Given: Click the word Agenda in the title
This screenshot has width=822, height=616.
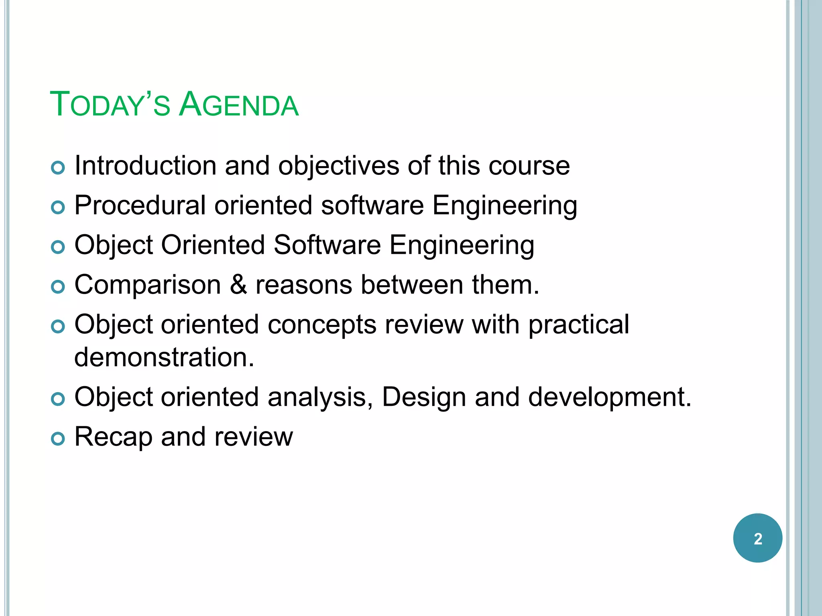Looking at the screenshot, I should (x=239, y=105).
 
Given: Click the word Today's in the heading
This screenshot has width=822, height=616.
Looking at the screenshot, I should (x=110, y=105).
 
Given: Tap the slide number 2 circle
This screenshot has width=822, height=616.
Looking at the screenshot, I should (x=757, y=538).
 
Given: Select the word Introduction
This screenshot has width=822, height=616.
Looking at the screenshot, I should (x=145, y=166).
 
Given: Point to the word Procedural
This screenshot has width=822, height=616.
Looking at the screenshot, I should (x=140, y=205).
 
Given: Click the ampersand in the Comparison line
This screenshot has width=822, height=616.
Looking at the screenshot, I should (x=238, y=285).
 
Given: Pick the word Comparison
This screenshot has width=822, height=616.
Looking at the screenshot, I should (x=148, y=285).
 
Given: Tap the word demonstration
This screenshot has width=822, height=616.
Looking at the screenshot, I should (x=164, y=357).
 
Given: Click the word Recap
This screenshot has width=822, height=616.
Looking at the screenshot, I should (x=113, y=437).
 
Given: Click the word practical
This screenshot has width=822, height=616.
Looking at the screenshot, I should (x=578, y=324).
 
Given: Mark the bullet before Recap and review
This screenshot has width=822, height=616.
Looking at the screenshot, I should (x=58, y=439).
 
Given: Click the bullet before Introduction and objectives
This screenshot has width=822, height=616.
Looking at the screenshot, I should (x=58, y=168).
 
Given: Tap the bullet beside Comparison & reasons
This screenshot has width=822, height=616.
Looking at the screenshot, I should (x=58, y=287).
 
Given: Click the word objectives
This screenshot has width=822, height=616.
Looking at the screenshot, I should (x=339, y=166).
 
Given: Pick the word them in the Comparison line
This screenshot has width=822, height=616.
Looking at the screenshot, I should (x=505, y=285).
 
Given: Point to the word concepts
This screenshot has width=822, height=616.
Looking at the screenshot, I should (x=322, y=324).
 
